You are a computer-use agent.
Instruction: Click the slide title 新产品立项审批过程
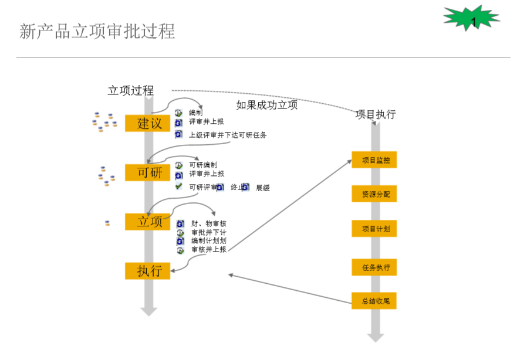coord(97,31)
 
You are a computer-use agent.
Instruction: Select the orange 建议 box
coord(147,123)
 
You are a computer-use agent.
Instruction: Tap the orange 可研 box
coord(147,172)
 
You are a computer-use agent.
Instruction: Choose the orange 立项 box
coord(147,222)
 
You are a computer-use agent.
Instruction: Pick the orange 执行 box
coord(147,270)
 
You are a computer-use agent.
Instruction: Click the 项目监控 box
coord(374,159)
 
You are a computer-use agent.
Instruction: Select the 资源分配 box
coord(374,193)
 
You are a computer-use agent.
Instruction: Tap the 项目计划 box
coord(374,229)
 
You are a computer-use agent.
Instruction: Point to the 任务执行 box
coord(374,267)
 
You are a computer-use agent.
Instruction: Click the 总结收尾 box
coord(374,301)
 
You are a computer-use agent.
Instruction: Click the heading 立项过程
coord(130,90)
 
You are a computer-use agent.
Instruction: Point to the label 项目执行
coord(376,114)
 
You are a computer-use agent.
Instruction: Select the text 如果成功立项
coord(266,106)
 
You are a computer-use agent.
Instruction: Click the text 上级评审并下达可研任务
coord(228,135)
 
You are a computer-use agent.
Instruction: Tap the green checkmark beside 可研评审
coord(179,186)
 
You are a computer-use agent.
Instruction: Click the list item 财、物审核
coord(209,223)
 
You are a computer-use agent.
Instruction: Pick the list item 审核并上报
coord(209,249)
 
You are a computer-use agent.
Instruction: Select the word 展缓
coord(263,188)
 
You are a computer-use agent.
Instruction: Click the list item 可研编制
coord(203,165)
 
